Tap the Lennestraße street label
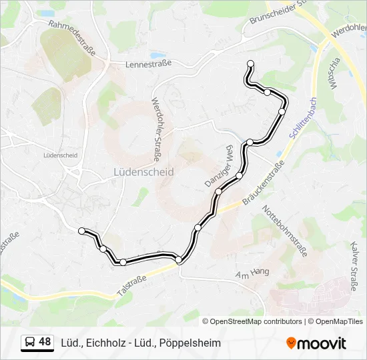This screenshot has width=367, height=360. click(149, 64)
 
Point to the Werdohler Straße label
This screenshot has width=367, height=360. click(157, 131)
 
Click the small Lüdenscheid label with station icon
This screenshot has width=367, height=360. click(59, 155)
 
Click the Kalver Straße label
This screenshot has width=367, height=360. click(353, 266)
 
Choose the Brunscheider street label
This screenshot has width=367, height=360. click(277, 12)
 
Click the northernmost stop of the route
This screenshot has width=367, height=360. click(251, 64)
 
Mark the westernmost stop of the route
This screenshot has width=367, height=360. click(82, 231)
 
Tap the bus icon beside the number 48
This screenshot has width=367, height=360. click(31, 343)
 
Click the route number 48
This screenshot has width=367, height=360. click(45, 342)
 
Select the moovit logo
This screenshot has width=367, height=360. click(317, 343)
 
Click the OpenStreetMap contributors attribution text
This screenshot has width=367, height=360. click(256, 321)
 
